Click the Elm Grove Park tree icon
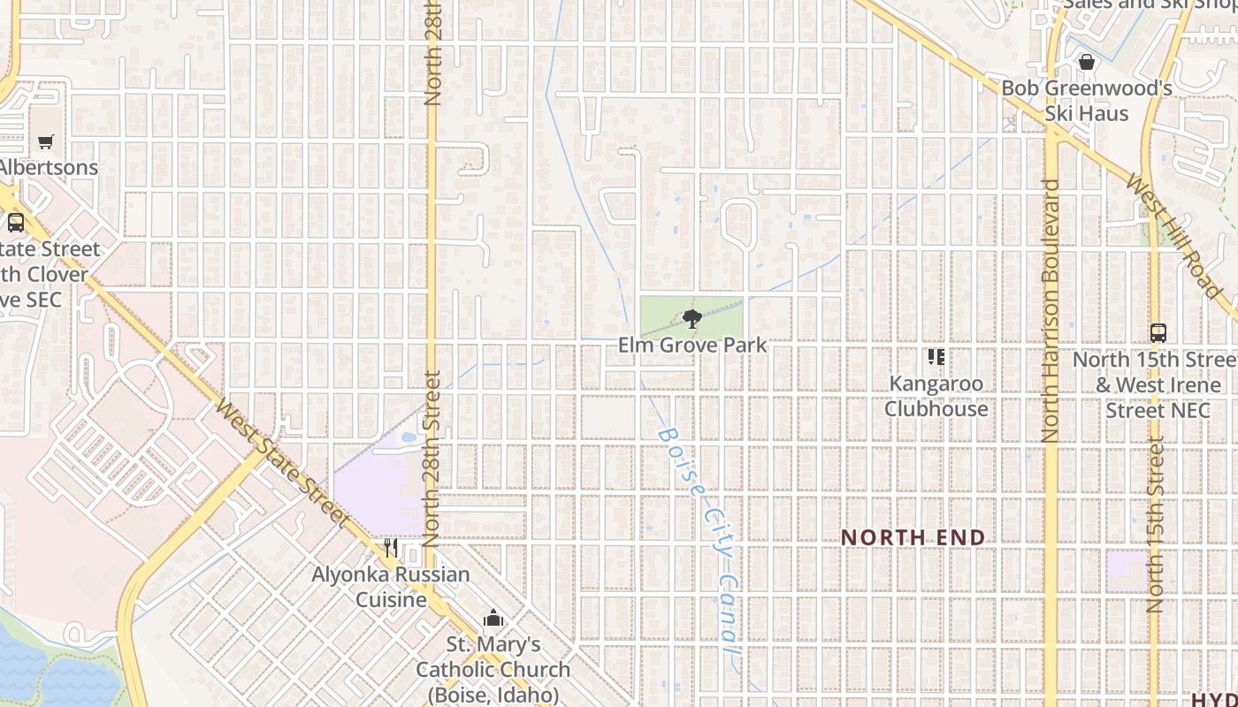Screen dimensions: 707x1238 tap(692, 318)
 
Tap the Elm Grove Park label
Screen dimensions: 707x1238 tap(692, 345)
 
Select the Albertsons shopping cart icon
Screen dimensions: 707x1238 tap(46, 141)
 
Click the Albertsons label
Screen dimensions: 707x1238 tap(48, 167)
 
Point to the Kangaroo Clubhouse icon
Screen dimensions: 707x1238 tap(936, 357)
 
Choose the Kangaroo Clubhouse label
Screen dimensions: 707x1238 tap(936, 397)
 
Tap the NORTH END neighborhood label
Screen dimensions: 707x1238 tap(913, 537)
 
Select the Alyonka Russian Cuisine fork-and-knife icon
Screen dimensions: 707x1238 tap(390, 548)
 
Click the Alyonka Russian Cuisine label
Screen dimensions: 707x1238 tap(391, 587)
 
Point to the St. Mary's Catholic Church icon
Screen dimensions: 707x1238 tap(493, 618)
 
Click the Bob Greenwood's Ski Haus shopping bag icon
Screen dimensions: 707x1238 tap(1087, 62)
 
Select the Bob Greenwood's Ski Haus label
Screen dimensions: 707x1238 tap(1087, 101)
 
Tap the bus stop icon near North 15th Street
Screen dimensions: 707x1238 tap(1158, 333)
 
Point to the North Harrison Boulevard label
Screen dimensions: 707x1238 tap(1051, 309)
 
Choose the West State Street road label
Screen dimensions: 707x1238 tap(279, 461)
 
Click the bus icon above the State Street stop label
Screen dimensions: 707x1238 tap(16, 222)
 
